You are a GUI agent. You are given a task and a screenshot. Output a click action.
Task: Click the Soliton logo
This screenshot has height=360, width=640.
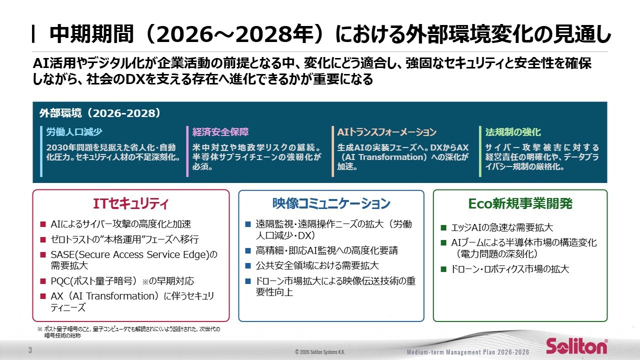576,346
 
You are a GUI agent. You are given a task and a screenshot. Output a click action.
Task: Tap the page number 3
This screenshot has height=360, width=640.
30,350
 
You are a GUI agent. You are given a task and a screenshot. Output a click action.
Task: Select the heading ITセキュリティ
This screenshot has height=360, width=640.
130,204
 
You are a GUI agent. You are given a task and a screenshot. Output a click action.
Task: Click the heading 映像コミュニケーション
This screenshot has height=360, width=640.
331,204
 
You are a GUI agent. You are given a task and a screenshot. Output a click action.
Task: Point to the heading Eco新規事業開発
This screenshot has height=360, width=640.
520,204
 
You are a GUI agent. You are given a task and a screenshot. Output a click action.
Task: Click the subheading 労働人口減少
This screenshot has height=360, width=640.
74,132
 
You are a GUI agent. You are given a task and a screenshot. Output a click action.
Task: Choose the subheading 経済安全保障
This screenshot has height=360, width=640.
220,132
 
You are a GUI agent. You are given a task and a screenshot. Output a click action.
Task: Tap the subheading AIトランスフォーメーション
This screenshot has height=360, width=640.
386,132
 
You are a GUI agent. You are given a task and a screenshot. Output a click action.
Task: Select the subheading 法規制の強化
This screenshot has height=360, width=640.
513,132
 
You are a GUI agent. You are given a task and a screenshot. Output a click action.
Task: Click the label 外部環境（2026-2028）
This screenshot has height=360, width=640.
100,113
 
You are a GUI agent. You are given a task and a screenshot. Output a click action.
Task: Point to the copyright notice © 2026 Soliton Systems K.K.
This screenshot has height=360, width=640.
319,352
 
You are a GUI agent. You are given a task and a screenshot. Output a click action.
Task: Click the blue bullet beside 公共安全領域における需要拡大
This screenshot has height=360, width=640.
247,265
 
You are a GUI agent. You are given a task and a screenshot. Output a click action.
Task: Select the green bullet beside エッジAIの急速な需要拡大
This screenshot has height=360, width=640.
443,228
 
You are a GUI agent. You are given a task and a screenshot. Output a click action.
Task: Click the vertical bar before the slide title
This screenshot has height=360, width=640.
33,34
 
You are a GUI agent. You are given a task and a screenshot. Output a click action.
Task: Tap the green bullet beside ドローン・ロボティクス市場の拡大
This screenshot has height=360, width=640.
443,269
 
